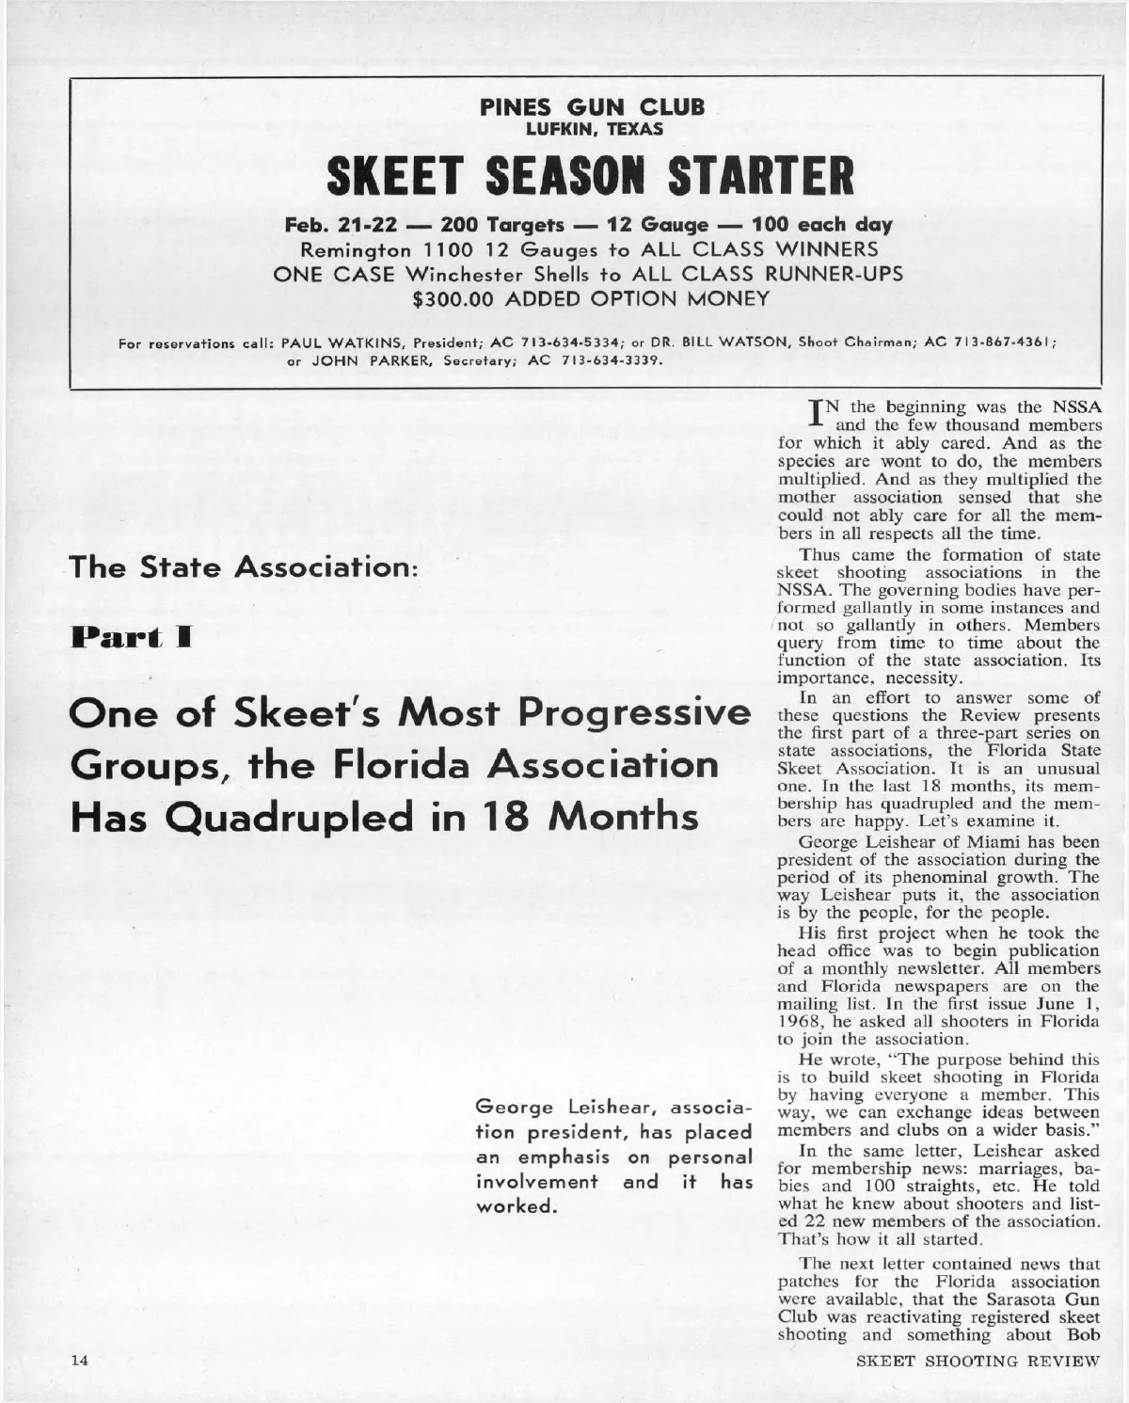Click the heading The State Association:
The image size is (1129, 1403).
[x=244, y=567]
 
